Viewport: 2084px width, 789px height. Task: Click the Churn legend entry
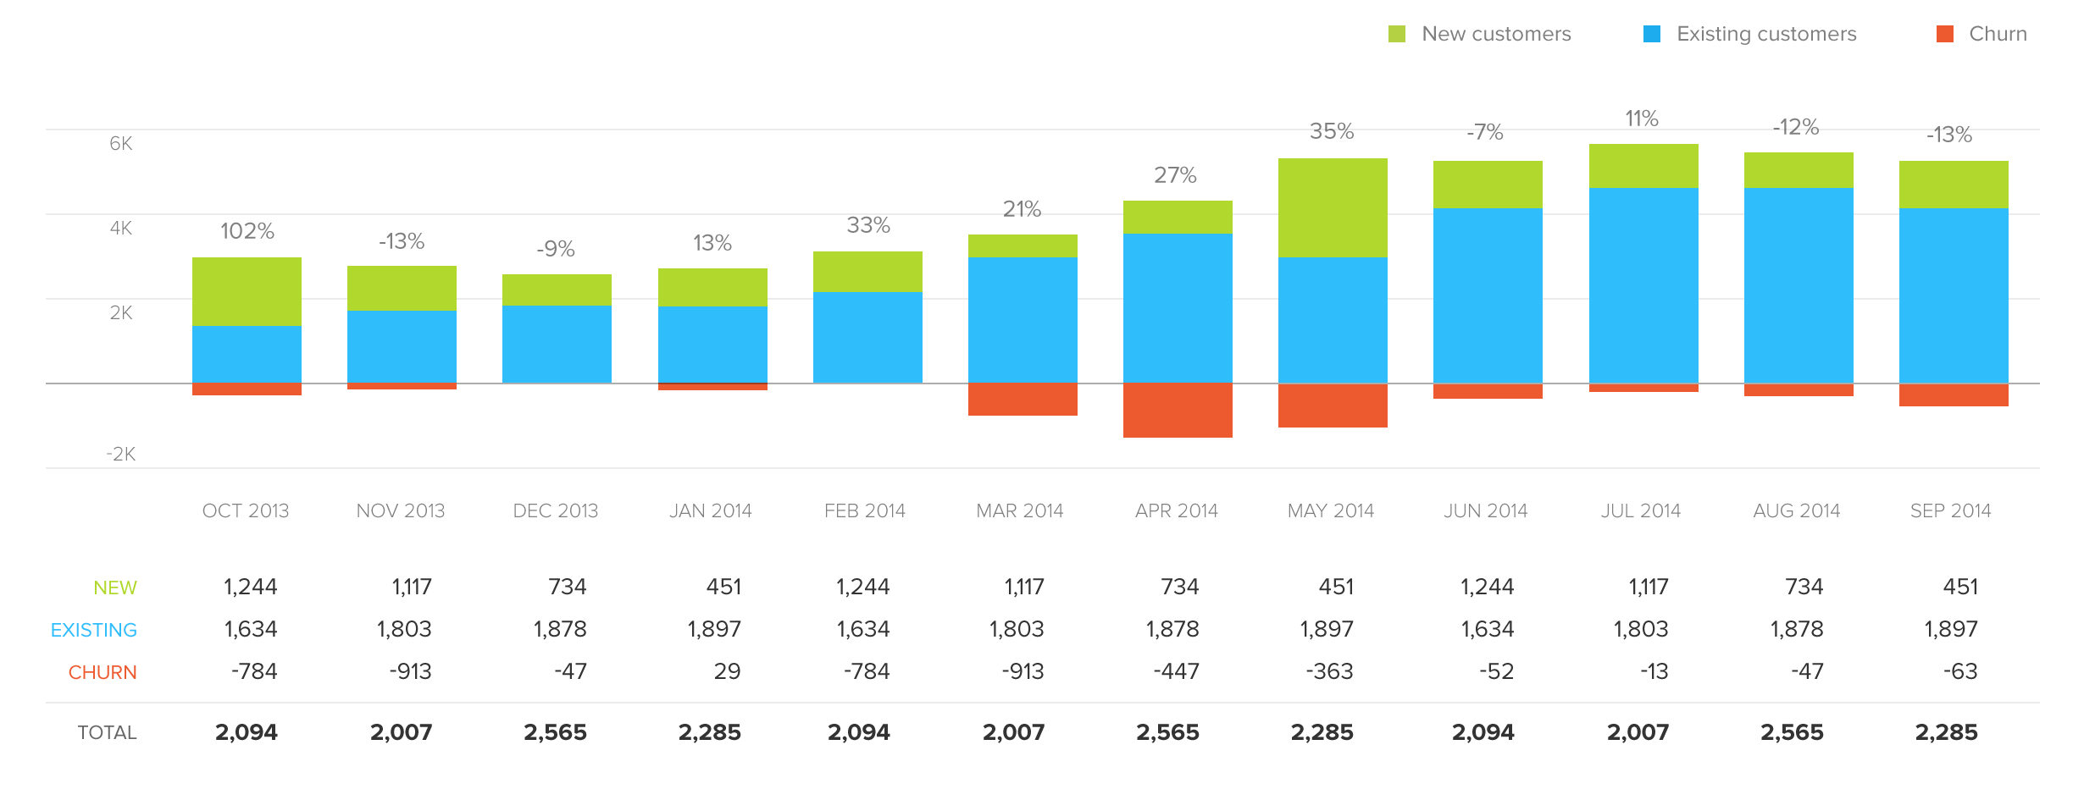coord(1982,34)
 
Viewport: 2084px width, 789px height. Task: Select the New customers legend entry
coord(1481,34)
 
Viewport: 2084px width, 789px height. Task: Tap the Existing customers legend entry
coord(1750,34)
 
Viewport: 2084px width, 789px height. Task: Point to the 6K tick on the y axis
coord(120,143)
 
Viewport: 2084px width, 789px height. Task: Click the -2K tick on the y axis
coord(120,454)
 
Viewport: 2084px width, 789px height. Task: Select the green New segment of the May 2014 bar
coord(1333,207)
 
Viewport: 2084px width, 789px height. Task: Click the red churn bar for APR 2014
coord(1178,410)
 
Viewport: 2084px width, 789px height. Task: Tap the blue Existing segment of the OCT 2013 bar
coord(247,354)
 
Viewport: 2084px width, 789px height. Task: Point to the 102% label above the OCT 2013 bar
coord(247,231)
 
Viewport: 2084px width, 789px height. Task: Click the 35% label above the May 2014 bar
coord(1332,131)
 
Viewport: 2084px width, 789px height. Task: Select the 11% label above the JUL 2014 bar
coord(1641,119)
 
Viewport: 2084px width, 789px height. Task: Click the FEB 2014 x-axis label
coord(865,510)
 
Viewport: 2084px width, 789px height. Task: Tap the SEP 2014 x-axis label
coord(1950,510)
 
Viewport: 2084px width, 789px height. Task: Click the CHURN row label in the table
coord(103,672)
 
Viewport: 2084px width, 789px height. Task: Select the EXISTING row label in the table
coord(94,630)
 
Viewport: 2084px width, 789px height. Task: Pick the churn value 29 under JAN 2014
coord(726,671)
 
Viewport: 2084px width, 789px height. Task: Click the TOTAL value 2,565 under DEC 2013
coord(555,732)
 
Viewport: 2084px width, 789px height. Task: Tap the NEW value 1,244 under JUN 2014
coord(1487,587)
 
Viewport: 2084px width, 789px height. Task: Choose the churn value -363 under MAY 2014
coord(1329,671)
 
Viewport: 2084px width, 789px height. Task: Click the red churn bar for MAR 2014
coord(1023,399)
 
